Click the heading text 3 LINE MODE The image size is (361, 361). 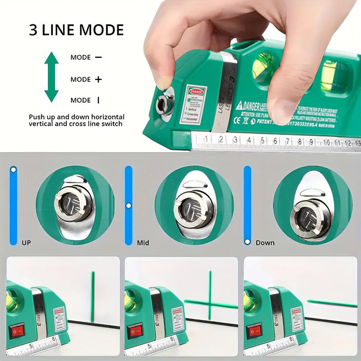[x=76, y=30]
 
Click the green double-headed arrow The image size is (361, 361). [x=51, y=77]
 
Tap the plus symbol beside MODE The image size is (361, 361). [x=98, y=79]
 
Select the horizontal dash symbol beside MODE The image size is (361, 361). [x=98, y=57]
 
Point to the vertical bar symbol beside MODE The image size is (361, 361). [x=98, y=100]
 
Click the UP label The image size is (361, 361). [x=27, y=243]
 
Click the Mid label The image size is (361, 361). [x=143, y=243]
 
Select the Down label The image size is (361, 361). [x=265, y=243]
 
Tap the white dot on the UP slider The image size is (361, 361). [x=14, y=170]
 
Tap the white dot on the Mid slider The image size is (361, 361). [x=129, y=206]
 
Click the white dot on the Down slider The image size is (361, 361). [x=247, y=242]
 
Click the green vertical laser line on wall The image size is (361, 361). [x=92, y=293]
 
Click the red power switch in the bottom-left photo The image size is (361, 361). [x=17, y=333]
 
